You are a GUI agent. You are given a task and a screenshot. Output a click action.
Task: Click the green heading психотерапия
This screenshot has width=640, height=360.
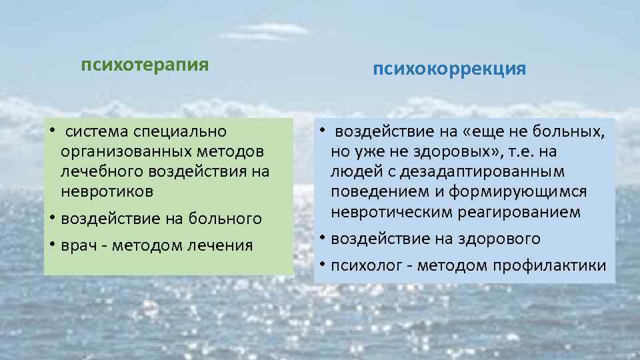click(145, 65)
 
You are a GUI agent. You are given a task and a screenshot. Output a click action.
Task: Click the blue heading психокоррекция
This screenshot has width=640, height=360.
click(449, 69)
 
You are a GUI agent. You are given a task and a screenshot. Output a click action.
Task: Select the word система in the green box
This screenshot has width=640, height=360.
click(98, 131)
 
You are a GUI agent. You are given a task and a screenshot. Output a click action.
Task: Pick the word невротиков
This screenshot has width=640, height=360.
click(107, 191)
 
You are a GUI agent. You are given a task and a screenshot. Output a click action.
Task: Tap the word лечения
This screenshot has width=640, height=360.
click(221, 245)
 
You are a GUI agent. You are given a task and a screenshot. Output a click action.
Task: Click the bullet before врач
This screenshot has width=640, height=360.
click(51, 245)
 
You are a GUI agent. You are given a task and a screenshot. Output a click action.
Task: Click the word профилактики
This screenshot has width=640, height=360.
click(550, 265)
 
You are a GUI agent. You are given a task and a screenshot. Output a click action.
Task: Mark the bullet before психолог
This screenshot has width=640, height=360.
click(321, 265)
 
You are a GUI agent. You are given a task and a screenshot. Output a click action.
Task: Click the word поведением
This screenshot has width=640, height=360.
click(377, 191)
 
